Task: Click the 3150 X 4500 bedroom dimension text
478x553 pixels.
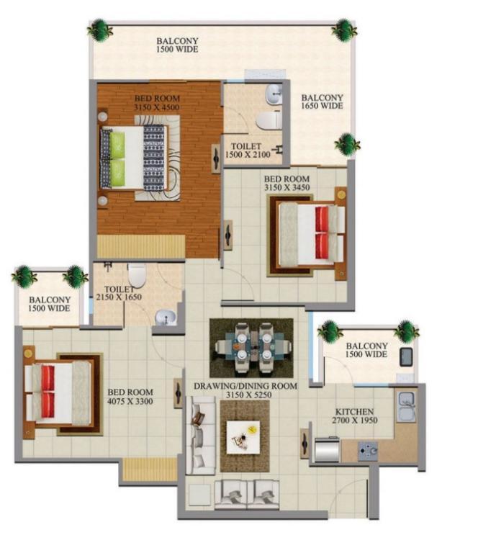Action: [x=156, y=107]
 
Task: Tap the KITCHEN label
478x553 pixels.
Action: [x=354, y=412]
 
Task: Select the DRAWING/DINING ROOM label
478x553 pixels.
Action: [x=245, y=386]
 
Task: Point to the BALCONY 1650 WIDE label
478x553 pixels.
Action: [x=322, y=102]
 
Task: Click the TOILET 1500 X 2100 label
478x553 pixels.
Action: [x=248, y=150]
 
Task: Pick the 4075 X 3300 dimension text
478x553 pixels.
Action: [x=130, y=401]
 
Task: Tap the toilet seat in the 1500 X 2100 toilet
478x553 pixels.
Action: [x=269, y=120]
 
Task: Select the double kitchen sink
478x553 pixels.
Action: [x=406, y=406]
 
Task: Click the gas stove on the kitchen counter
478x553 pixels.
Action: [x=368, y=451]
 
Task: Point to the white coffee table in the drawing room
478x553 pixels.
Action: [x=243, y=437]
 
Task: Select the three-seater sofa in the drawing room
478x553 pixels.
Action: [x=201, y=435]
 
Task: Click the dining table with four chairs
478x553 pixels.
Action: [x=251, y=348]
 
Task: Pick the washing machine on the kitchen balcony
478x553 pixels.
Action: [x=407, y=357]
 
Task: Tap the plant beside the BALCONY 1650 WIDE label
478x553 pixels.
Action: [x=347, y=144]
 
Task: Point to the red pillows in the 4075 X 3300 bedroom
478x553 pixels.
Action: [x=48, y=392]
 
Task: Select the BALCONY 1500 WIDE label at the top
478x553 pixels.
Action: [x=177, y=45]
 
